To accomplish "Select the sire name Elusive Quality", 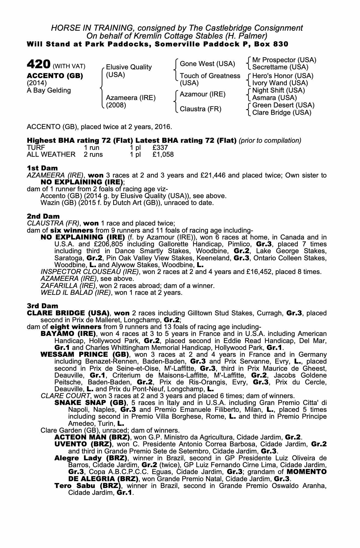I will pyautogui.click(x=128, y=67).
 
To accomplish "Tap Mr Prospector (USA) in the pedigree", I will pyautogui.click(x=284, y=60).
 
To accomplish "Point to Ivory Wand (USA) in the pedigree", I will pyautogui.click(x=280, y=83).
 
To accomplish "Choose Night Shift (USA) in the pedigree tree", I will pyautogui.click(x=278, y=90).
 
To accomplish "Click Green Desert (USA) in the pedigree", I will pyautogui.click(x=283, y=105).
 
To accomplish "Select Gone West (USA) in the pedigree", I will pyautogui.click(x=207, y=64).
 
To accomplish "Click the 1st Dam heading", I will pyautogui.click(x=42, y=168).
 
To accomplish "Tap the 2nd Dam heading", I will pyautogui.click(x=43, y=216).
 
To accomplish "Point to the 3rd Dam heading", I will pyautogui.click(x=42, y=306).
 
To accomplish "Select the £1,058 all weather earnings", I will pyautogui.click(x=163, y=155).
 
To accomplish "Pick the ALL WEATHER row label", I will pyautogui.click(x=51, y=155).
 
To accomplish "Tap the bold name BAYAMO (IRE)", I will pyautogui.click(x=68, y=334).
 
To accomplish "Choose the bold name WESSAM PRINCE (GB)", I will pyautogui.click(x=85, y=354).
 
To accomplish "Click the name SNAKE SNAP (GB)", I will pyautogui.click(x=90, y=403).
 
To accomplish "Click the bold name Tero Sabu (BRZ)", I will pyautogui.click(x=87, y=486).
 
